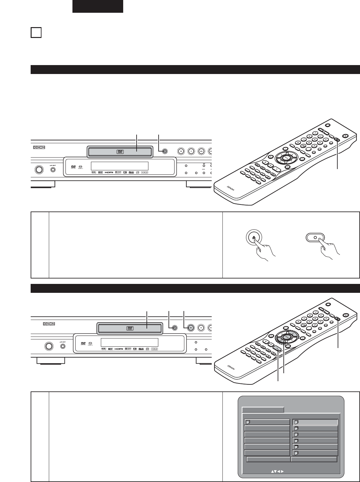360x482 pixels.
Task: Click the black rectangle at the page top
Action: click(x=98, y=6)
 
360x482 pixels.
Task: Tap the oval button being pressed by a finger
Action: click(x=315, y=237)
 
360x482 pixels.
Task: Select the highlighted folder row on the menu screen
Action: click(x=315, y=422)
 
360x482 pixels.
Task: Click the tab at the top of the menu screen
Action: click(x=263, y=410)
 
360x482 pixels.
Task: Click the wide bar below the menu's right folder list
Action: click(x=314, y=459)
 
